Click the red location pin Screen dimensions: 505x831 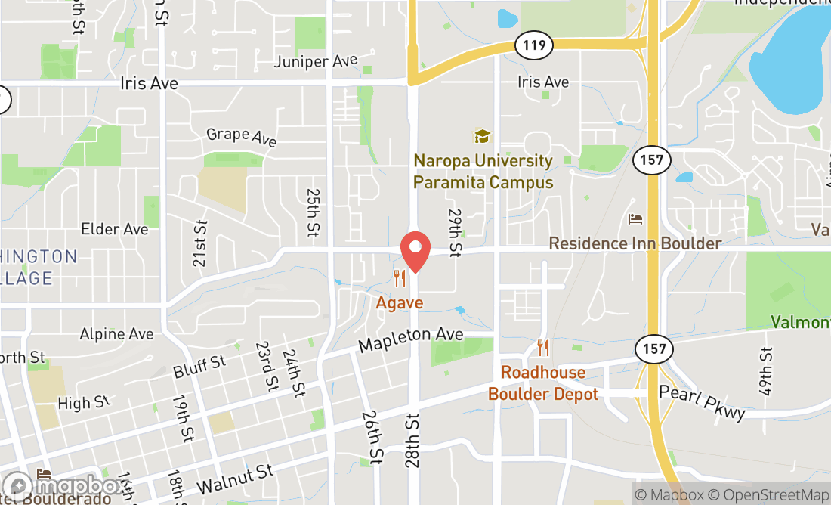(x=415, y=250)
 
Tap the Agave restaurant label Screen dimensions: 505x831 (x=400, y=302)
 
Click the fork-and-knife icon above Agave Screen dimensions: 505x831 (x=400, y=279)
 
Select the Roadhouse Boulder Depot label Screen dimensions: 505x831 (x=543, y=383)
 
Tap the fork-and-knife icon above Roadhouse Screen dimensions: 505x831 (x=543, y=349)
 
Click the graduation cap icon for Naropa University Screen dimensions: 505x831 (x=482, y=137)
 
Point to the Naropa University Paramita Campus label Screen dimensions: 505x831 (x=483, y=172)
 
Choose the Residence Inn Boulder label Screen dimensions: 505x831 (x=635, y=243)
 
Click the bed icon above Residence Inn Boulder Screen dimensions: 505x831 (x=635, y=219)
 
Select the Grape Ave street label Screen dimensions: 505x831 (x=242, y=136)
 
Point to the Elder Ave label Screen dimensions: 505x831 (x=115, y=229)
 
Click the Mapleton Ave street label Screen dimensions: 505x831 (x=410, y=339)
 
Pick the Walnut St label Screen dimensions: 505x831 (x=235, y=478)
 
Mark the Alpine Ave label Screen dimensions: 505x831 (x=116, y=334)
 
